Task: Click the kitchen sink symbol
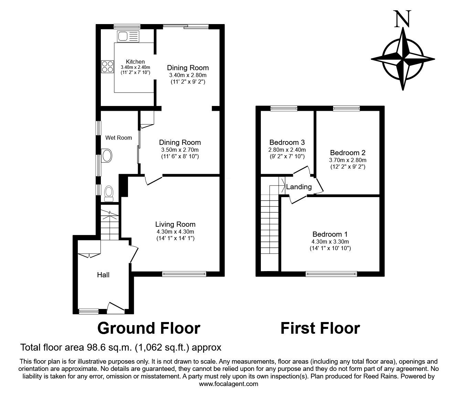128,36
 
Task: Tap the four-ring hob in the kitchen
107,67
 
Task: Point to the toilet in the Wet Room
108,194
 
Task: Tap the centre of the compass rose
403,59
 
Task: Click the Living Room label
175,224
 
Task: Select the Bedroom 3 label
287,142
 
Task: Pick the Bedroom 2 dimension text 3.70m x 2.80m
348,160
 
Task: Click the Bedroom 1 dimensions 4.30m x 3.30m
330,242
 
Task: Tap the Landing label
299,187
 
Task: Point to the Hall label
103,275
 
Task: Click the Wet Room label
118,138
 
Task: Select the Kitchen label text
135,62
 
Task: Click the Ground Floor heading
149,328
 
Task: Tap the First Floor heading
320,328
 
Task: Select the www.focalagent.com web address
228,384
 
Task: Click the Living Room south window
184,274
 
